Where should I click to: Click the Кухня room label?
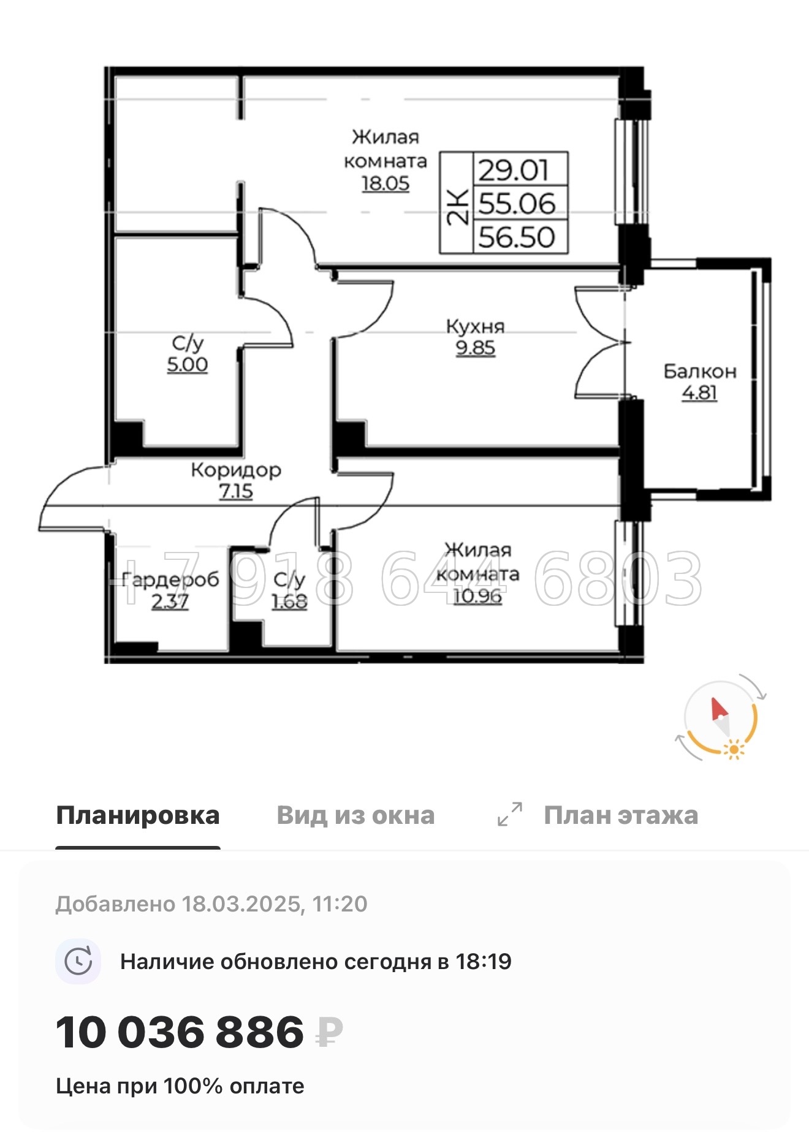click(x=475, y=326)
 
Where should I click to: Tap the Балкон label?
click(x=699, y=371)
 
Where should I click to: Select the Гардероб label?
click(x=170, y=579)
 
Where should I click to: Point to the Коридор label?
click(x=236, y=470)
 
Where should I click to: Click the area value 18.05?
click(x=385, y=183)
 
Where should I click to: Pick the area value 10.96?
click(x=477, y=595)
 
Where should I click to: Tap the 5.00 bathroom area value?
click(x=188, y=364)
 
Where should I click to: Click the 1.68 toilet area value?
click(x=289, y=602)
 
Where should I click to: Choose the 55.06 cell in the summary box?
click(x=517, y=203)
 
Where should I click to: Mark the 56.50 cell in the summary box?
click(x=517, y=237)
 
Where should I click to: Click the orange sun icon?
click(x=733, y=749)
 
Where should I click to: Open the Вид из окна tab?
click(x=355, y=815)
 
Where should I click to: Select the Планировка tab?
click(x=138, y=815)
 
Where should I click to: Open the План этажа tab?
click(x=621, y=815)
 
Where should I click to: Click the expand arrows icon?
click(x=510, y=814)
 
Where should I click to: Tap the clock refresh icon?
click(x=78, y=961)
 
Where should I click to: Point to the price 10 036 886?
click(x=180, y=1032)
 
